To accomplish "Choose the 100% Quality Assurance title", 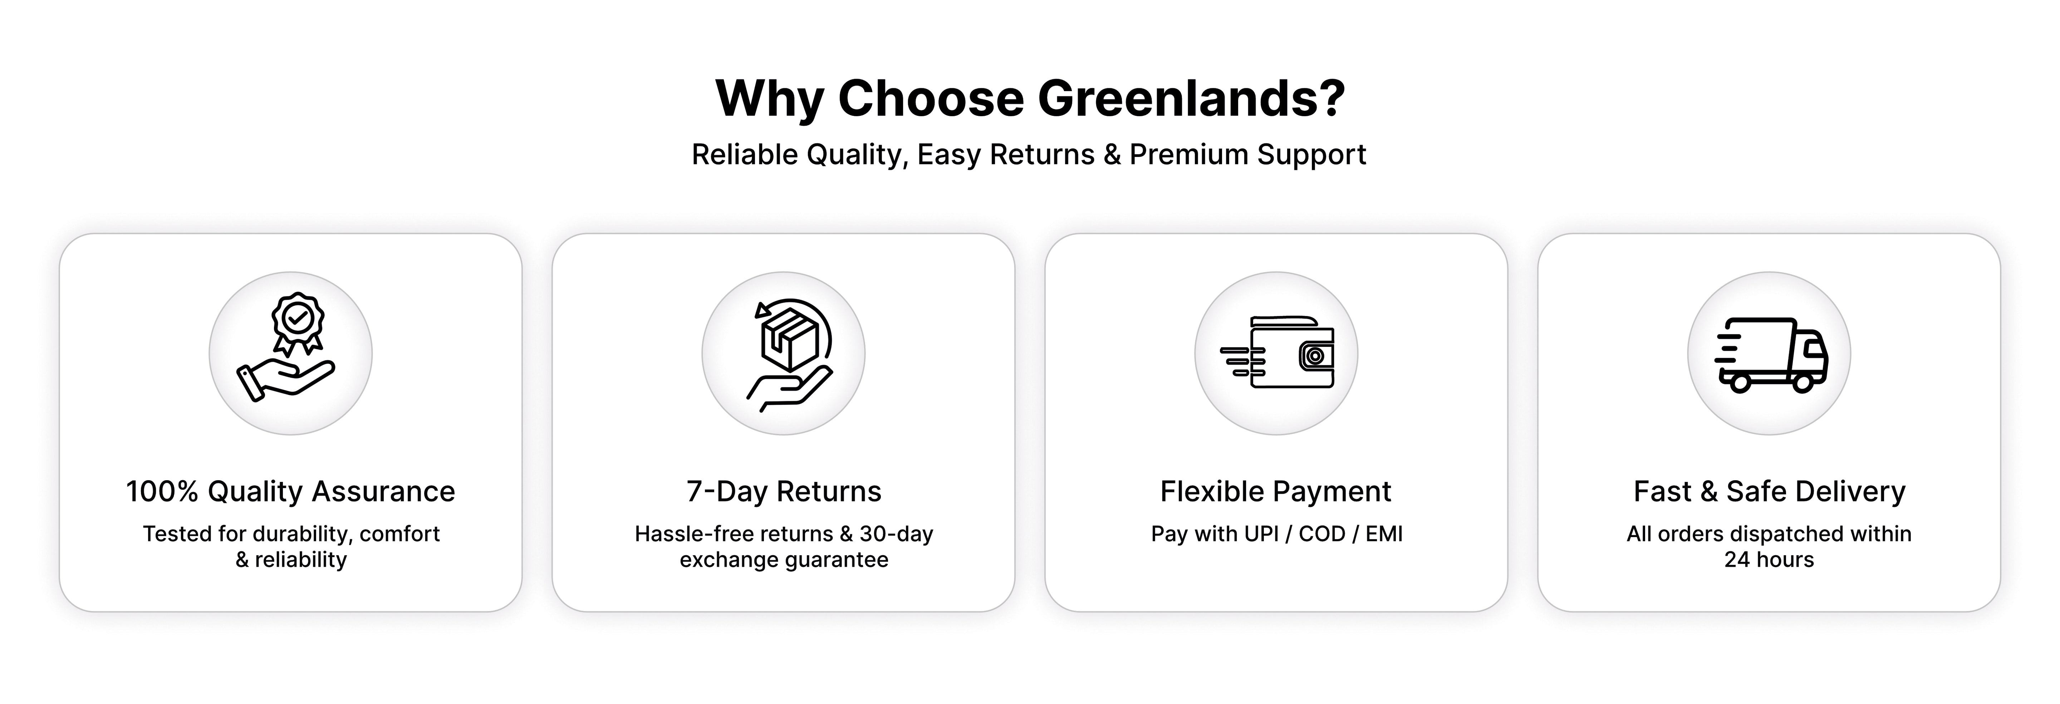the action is tap(290, 492).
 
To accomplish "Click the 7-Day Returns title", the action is tap(784, 492).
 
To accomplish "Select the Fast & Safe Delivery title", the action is tap(1769, 492).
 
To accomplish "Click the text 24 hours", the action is tap(1769, 559).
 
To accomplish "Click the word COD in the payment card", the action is tap(1322, 534).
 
